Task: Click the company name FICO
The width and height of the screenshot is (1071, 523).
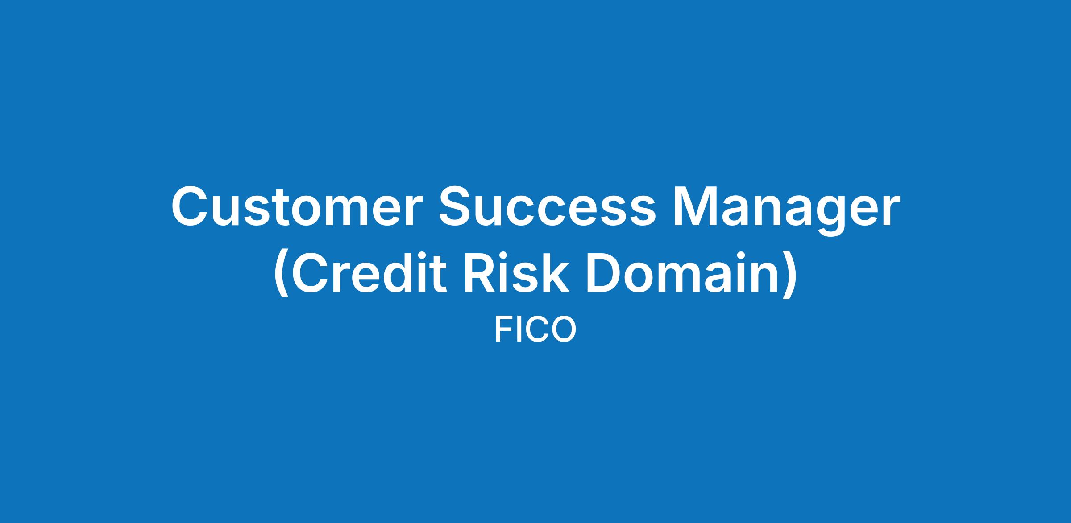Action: pyautogui.click(x=535, y=329)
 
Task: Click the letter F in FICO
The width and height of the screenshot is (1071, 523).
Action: pyautogui.click(x=504, y=329)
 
